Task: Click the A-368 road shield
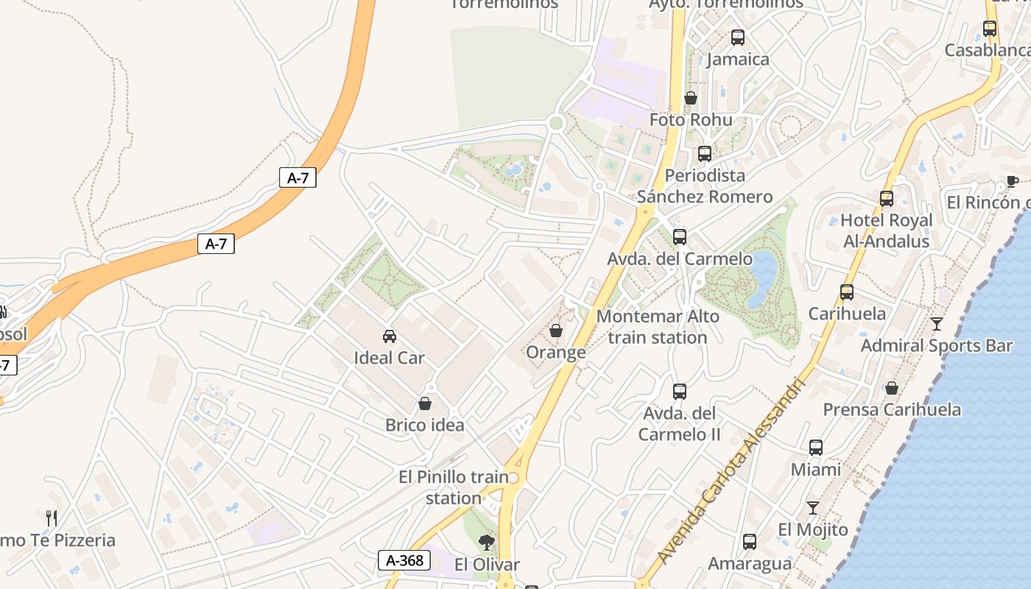click(x=404, y=560)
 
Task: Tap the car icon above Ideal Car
click(x=390, y=336)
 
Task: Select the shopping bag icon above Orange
click(x=556, y=331)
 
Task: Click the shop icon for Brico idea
click(x=425, y=403)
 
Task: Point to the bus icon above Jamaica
click(x=737, y=38)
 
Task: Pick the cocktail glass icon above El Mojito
click(x=812, y=507)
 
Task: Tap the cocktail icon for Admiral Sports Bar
click(x=936, y=323)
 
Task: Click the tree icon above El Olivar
click(x=486, y=543)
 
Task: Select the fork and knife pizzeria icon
click(x=51, y=518)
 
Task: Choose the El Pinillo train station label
click(x=454, y=487)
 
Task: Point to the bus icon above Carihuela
click(x=847, y=292)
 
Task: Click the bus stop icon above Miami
click(x=815, y=447)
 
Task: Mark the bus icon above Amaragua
click(x=749, y=542)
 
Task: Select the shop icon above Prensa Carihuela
click(x=891, y=387)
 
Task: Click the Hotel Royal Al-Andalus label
click(x=886, y=230)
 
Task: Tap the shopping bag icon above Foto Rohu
click(x=690, y=98)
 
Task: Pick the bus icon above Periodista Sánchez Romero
click(x=704, y=154)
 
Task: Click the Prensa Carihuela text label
click(x=891, y=409)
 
